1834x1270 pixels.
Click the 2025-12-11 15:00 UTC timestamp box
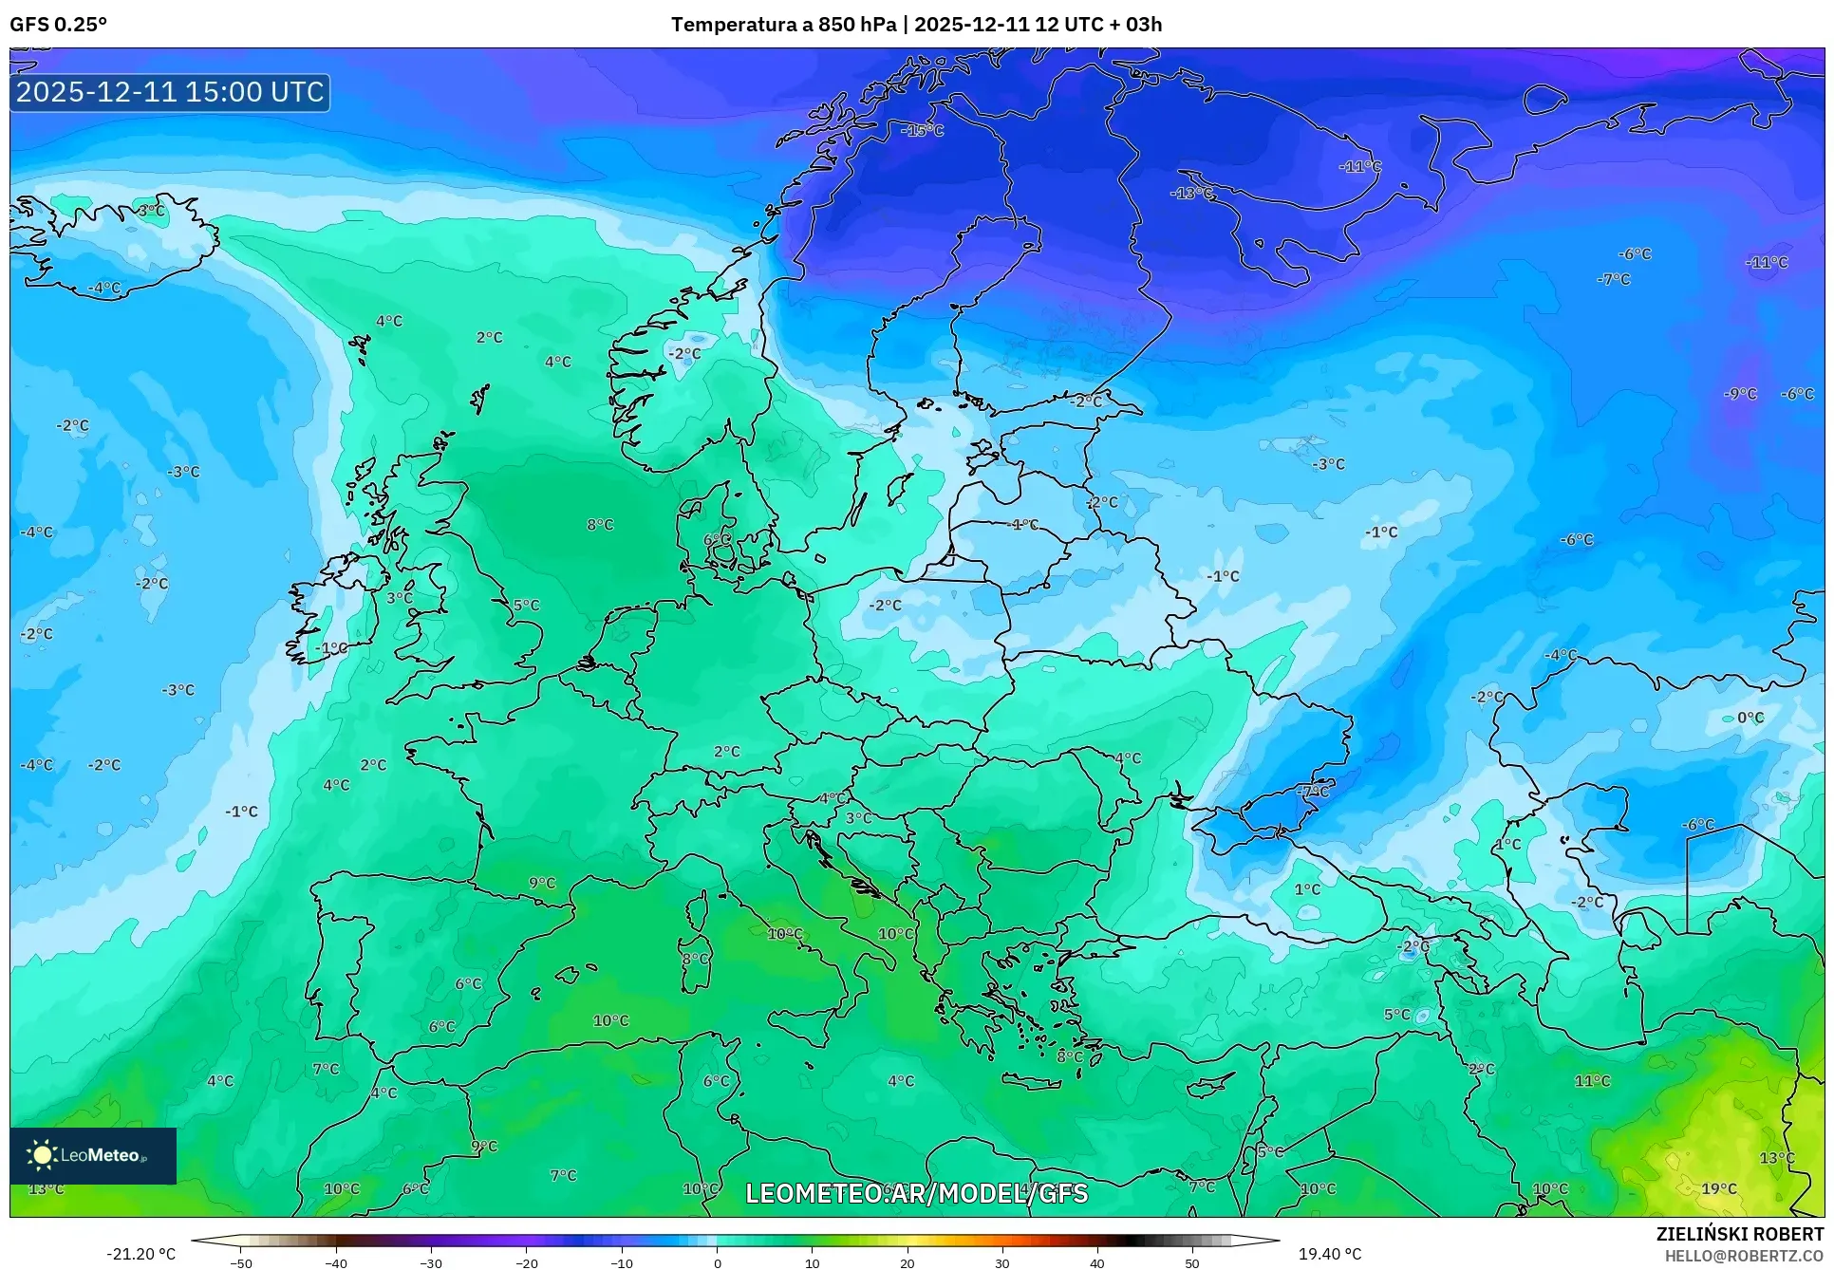point(170,92)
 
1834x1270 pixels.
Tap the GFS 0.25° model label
point(58,25)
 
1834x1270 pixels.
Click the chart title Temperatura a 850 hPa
point(783,25)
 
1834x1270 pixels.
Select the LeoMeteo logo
point(92,1155)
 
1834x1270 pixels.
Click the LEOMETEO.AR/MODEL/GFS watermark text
point(916,1193)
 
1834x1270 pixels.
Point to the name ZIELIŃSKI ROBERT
point(1739,1234)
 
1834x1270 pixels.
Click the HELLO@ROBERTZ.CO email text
point(1744,1256)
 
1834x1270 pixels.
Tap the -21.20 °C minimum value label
point(140,1254)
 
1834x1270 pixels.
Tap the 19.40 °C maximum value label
point(1329,1254)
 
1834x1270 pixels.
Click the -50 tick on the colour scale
point(241,1263)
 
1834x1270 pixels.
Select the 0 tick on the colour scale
point(717,1263)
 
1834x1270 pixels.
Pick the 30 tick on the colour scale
point(1002,1263)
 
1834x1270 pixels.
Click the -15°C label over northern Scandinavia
point(923,130)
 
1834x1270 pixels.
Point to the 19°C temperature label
point(1718,1188)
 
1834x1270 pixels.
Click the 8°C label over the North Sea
point(600,524)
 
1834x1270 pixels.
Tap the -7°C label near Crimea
point(1314,791)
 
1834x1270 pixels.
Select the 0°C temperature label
point(1750,718)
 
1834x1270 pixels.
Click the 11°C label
point(1592,1080)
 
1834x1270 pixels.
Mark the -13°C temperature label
point(1191,193)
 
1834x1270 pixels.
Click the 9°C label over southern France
point(542,883)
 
